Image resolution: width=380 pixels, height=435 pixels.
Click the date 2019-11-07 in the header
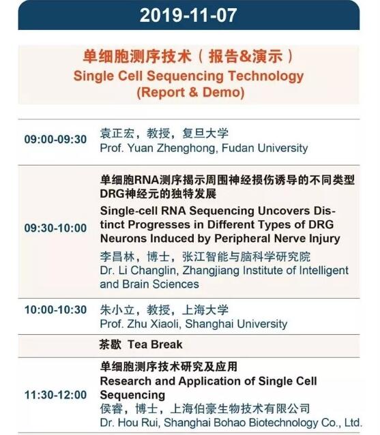(188, 15)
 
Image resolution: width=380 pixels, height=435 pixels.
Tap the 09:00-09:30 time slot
(55, 139)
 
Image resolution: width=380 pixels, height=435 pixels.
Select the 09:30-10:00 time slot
(55, 228)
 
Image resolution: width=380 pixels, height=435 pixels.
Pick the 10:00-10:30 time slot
(55, 310)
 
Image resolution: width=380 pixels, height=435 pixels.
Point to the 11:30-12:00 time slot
(55, 395)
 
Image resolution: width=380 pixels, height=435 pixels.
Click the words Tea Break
(155, 344)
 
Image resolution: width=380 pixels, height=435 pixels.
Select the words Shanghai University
(236, 324)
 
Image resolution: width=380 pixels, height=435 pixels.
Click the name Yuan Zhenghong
(171, 148)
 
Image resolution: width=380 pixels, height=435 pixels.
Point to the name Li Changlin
(147, 271)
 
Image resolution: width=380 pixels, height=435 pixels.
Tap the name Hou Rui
(140, 423)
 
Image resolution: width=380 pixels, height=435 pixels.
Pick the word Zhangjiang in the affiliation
(211, 271)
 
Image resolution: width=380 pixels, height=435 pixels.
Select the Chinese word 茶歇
(111, 344)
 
